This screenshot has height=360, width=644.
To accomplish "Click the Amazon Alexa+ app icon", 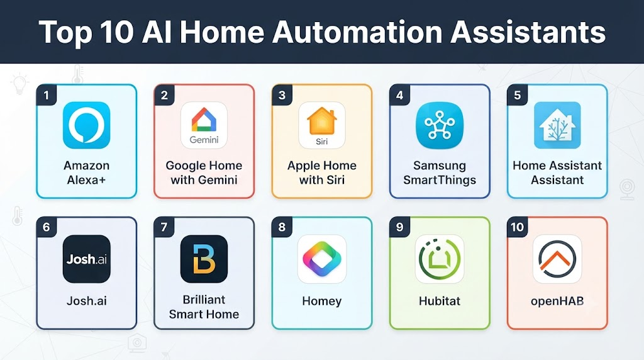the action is [x=86, y=125].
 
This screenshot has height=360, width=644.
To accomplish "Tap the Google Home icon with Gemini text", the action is [x=204, y=125].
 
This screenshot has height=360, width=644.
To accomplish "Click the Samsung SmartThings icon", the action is [x=440, y=125].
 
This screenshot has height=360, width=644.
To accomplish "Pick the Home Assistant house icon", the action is [x=557, y=125].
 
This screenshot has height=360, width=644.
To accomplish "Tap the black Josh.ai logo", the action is [x=86, y=259].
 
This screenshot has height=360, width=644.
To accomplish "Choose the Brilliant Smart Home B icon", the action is [x=204, y=259].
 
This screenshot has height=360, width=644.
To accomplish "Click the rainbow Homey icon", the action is [x=322, y=259].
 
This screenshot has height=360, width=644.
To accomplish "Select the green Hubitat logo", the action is [x=440, y=259].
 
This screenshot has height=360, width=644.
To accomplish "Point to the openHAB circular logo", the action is [x=557, y=259].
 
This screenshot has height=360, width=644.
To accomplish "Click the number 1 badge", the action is [x=47, y=95].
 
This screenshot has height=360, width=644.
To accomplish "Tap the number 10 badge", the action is [x=517, y=227].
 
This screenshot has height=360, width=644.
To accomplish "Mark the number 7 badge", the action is [x=164, y=227].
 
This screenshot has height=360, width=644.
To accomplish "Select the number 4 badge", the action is [x=399, y=95].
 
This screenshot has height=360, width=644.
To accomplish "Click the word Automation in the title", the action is [x=357, y=32].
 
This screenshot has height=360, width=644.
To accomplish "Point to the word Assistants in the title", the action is [x=528, y=32].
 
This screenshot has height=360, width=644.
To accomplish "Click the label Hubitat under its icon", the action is [x=440, y=301].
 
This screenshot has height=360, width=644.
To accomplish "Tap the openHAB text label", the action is [x=557, y=301].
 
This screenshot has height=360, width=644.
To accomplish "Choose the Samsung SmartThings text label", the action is [x=440, y=172].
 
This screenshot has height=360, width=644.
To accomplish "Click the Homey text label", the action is [x=322, y=301].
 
